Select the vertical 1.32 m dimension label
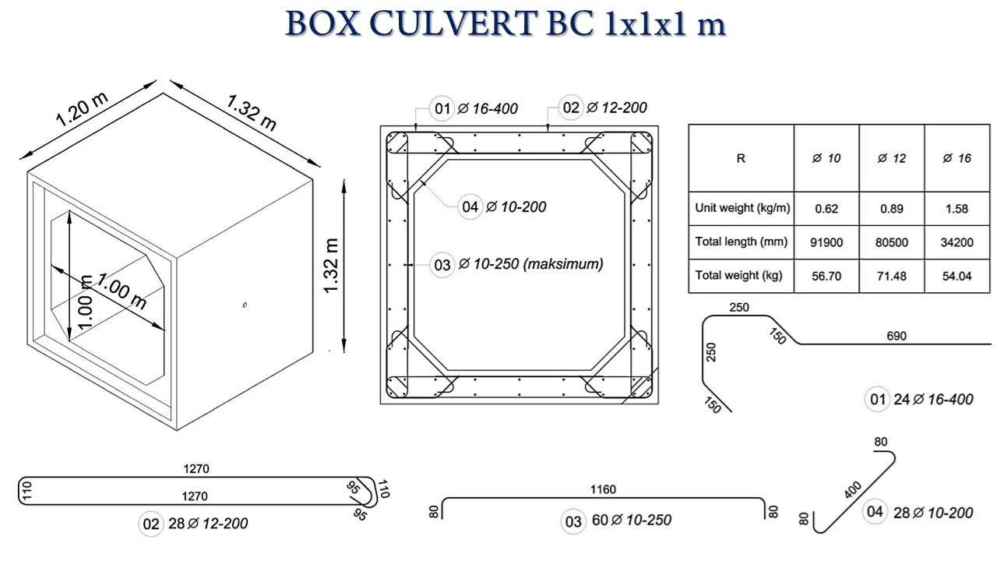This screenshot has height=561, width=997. (x=332, y=266)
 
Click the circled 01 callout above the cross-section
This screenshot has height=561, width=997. (x=442, y=108)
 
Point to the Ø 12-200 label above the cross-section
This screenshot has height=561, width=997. (x=617, y=108)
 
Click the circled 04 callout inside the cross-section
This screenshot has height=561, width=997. (x=470, y=206)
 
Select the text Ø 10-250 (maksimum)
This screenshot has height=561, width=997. (x=531, y=264)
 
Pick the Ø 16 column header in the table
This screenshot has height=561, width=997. (x=957, y=158)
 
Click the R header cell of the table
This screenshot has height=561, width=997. (x=741, y=158)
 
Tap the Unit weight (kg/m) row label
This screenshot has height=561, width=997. (x=742, y=208)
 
